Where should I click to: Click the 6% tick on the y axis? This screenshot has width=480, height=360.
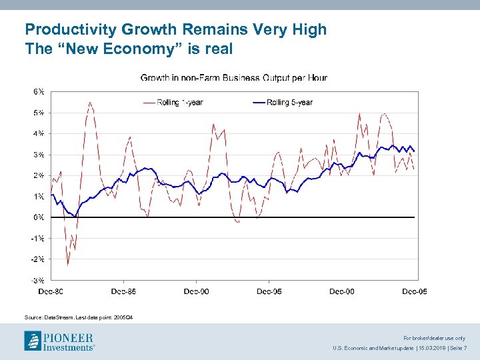[x=39, y=91]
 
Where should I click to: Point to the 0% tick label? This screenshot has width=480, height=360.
[x=39, y=217]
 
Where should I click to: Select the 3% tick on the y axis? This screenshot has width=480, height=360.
[x=39, y=155]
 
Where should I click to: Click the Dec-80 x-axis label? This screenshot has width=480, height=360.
[x=51, y=291]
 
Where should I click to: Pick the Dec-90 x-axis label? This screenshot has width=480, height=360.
[x=197, y=291]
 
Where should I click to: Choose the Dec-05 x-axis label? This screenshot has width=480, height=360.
[x=415, y=291]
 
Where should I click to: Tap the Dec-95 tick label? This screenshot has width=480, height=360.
[x=269, y=291]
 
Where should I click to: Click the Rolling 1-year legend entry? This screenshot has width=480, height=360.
[x=179, y=102]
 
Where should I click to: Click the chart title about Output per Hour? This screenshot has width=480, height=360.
[x=233, y=78]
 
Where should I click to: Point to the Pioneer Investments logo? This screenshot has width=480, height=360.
[x=60, y=341]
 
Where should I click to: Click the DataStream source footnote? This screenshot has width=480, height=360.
[x=90, y=317]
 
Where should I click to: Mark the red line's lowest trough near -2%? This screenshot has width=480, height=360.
[x=67, y=265]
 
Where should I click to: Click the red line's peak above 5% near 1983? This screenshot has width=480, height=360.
[x=90, y=102]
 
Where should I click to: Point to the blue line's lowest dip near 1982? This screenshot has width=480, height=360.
[x=75, y=215]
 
